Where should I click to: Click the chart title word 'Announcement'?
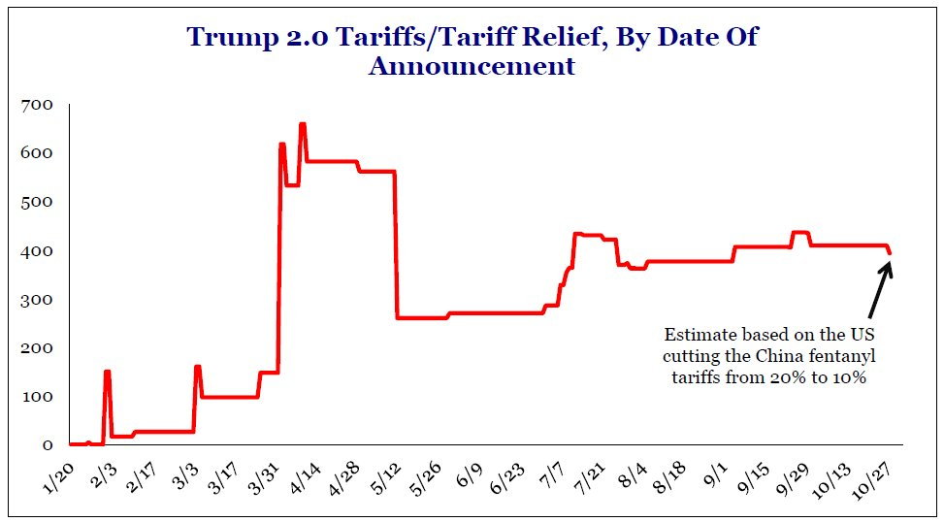coord(472,66)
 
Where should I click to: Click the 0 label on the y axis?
coord(46,445)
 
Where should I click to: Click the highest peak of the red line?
coord(303,124)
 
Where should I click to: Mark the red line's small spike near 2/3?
coord(107,372)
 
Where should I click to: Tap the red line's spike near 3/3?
coord(197,367)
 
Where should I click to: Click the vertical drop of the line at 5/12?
coord(396,243)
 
